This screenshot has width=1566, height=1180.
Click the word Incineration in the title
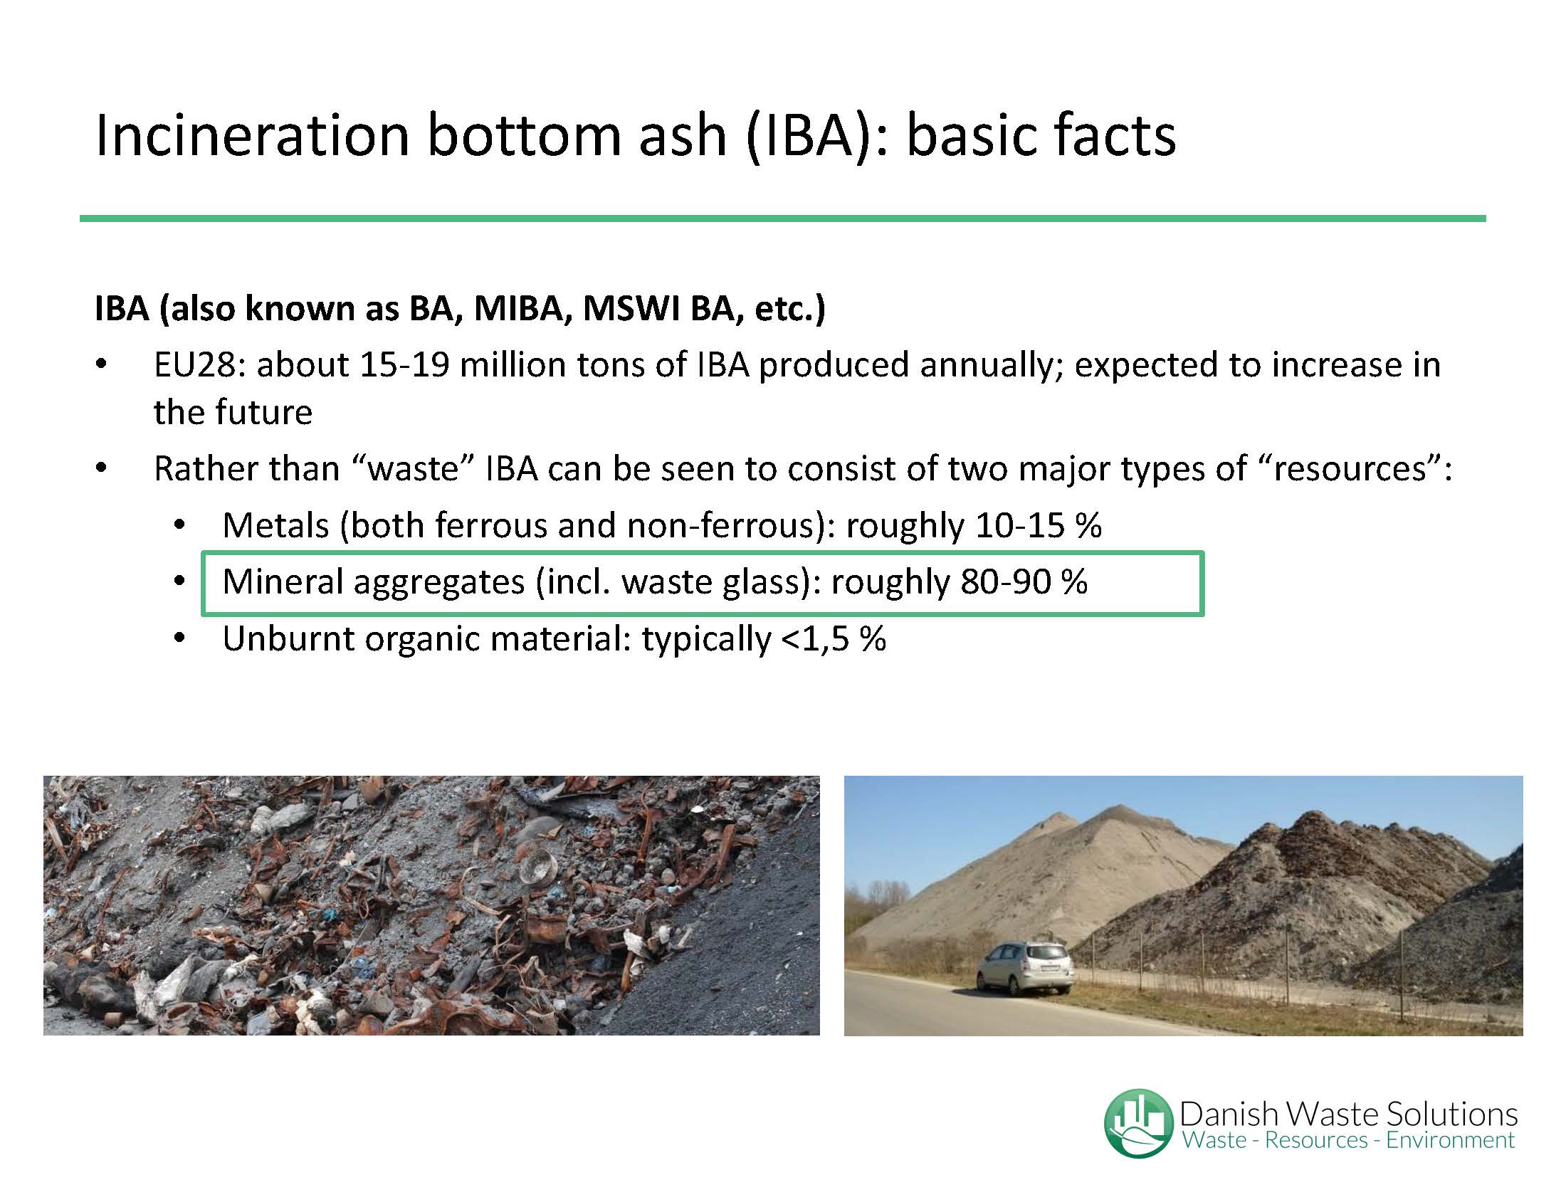(x=252, y=135)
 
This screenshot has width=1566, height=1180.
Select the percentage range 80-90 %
(x=1024, y=582)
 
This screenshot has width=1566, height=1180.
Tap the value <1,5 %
(x=834, y=639)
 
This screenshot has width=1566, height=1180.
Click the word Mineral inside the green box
(x=283, y=582)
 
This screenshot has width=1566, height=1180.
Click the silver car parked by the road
(x=1025, y=967)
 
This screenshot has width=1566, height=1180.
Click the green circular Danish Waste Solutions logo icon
(x=1138, y=1122)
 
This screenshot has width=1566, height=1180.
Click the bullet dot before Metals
(x=179, y=526)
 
